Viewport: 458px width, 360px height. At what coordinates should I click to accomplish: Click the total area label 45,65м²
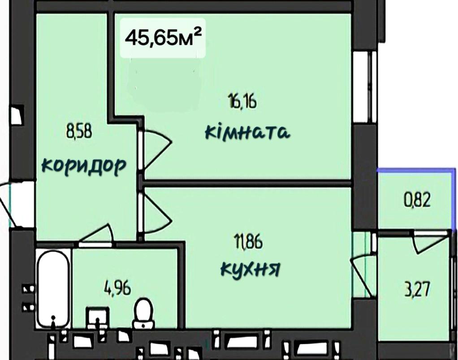coord(163,38)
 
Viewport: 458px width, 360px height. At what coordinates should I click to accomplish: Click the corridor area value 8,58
coord(79,131)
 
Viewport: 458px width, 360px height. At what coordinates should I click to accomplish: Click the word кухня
coord(250,268)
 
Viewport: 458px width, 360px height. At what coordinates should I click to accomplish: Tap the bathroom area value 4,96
coord(117,287)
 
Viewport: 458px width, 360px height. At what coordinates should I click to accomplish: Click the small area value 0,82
coord(417,201)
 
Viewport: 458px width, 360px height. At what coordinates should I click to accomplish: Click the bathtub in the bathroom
coord(53,288)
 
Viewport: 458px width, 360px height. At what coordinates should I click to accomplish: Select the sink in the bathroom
coord(98,318)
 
